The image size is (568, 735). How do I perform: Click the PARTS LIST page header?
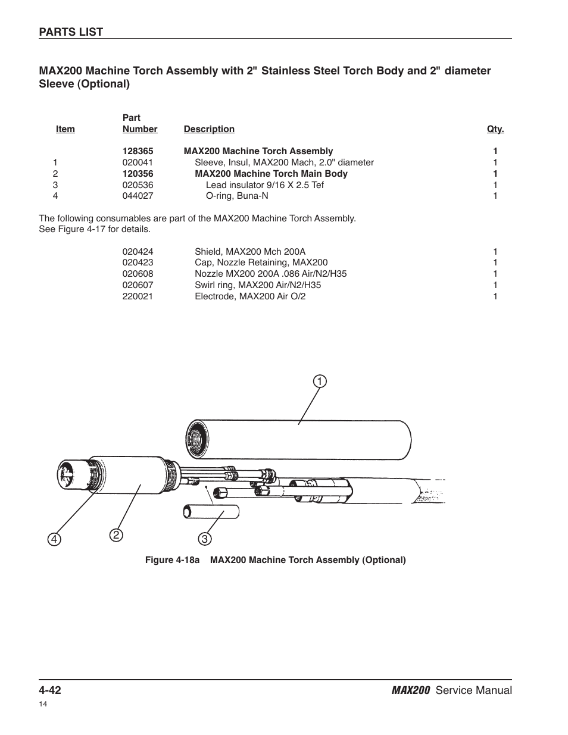71,32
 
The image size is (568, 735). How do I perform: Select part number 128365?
138,151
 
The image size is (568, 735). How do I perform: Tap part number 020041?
138,162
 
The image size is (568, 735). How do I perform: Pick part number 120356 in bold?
138,174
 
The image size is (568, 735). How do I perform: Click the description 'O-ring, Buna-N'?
237,196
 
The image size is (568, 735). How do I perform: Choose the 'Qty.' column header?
495,129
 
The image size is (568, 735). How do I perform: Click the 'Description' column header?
209,129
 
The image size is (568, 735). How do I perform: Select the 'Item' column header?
65,129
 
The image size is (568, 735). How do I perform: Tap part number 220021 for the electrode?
138,296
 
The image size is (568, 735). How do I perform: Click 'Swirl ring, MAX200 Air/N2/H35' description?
258,285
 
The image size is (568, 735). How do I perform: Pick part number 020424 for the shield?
138,252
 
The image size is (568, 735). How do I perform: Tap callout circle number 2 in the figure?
116,535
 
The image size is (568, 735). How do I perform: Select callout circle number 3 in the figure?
204,539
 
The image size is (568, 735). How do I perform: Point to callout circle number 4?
55,539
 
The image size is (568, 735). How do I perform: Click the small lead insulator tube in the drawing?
211,511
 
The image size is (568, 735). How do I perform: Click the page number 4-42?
50,690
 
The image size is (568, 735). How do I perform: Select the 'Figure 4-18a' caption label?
173,560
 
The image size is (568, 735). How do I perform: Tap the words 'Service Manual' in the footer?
473,690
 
